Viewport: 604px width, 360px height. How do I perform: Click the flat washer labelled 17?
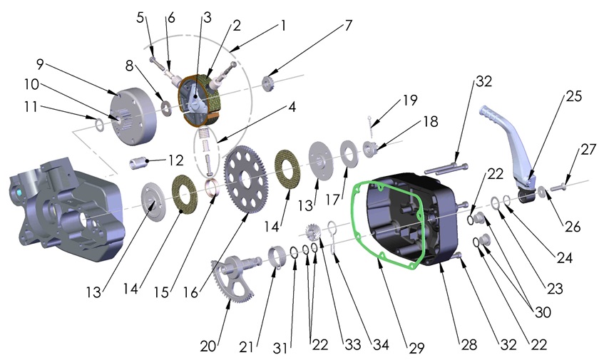[349, 154]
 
